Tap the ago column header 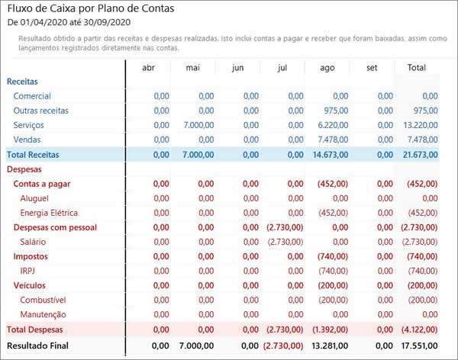tap(327, 68)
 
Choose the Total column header tap(416, 68)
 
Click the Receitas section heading tap(22, 82)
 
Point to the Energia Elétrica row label tap(49, 213)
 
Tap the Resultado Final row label tap(37, 346)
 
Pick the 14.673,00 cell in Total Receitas tap(330, 154)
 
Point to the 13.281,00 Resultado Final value tap(330, 346)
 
